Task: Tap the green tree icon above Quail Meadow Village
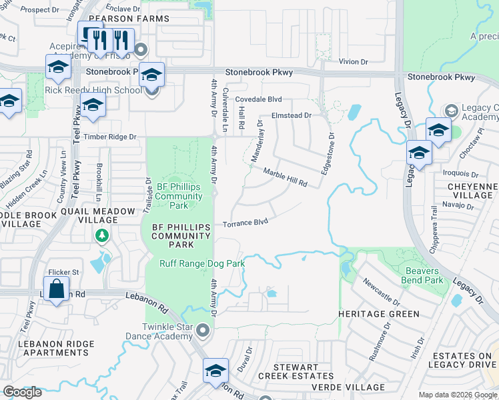101,235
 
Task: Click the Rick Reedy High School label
93,90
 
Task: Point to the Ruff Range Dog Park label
201,263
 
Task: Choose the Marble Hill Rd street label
284,177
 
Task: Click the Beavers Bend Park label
422,275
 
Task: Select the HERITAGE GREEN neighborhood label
378,314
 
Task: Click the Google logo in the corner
22,392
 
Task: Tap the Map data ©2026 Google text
458,395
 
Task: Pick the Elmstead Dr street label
292,115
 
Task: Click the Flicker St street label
63,272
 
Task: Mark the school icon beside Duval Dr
215,371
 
